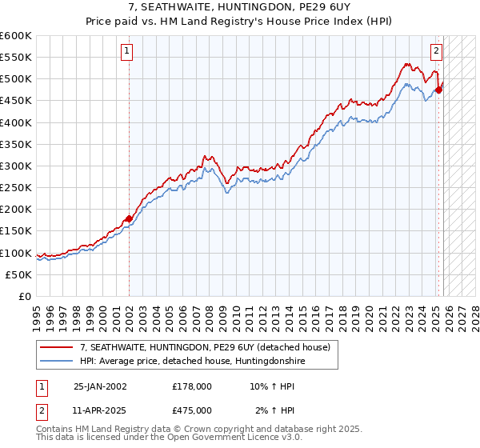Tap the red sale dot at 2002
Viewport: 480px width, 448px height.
click(129, 218)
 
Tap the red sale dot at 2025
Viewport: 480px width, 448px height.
click(439, 90)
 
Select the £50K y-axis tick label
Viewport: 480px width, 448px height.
click(18, 274)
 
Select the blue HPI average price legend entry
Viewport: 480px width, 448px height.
click(192, 362)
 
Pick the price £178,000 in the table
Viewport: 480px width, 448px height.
click(192, 386)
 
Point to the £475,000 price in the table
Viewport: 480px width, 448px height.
click(192, 410)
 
